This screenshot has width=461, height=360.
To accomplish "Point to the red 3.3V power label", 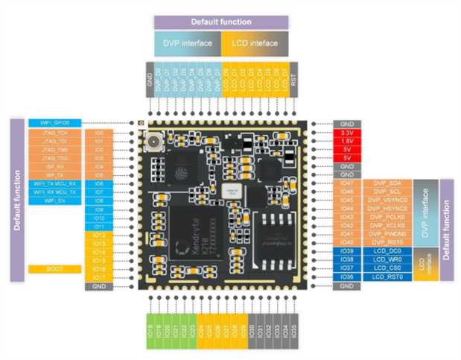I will pos(346,133).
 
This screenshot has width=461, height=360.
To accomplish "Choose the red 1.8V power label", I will pos(346,141).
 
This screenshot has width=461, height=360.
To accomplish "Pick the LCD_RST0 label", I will pos(386,277).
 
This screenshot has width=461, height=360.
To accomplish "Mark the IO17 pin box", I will pos(99,277).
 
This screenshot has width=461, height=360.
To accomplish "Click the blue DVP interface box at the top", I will pos(187,42).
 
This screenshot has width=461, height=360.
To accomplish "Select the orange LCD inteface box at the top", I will pos(255,42).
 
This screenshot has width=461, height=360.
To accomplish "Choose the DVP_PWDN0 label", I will pos(386,234).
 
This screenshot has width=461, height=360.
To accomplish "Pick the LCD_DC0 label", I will pos(386,251).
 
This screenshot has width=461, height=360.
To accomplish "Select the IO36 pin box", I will pos(346,277).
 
